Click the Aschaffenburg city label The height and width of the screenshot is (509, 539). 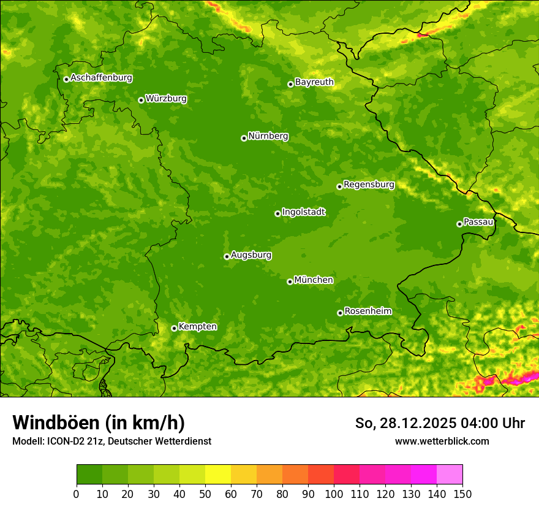pyautogui.click(x=101, y=78)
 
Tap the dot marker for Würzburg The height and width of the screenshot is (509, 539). pyautogui.click(x=141, y=100)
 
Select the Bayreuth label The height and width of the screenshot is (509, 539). pyautogui.click(x=314, y=82)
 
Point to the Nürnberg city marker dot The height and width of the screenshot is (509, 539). pyautogui.click(x=244, y=138)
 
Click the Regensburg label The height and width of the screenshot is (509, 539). pyautogui.click(x=369, y=185)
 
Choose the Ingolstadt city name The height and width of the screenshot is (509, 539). pyautogui.click(x=303, y=212)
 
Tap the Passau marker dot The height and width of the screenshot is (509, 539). pyautogui.click(x=459, y=224)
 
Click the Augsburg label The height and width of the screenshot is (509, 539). pyautogui.click(x=251, y=255)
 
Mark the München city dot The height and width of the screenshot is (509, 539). pyautogui.click(x=290, y=281)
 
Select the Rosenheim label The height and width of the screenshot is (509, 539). pyautogui.click(x=367, y=312)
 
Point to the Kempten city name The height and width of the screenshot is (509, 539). pyautogui.click(x=197, y=327)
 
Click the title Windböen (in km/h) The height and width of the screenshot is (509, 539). pyautogui.click(x=98, y=423)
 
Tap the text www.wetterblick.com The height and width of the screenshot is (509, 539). pyautogui.click(x=442, y=441)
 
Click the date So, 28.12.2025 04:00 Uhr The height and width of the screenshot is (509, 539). pyautogui.click(x=440, y=423)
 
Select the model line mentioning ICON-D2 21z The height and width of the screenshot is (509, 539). pyautogui.click(x=111, y=441)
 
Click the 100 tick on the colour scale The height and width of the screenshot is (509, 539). pyautogui.click(x=334, y=494)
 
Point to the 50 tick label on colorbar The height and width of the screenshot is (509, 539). pyautogui.click(x=205, y=494)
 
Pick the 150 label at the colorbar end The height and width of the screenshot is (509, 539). pyautogui.click(x=462, y=494)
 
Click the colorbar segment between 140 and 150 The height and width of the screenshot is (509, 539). pyautogui.click(x=450, y=475)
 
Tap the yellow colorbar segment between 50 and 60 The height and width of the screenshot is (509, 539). pyautogui.click(x=218, y=475)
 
